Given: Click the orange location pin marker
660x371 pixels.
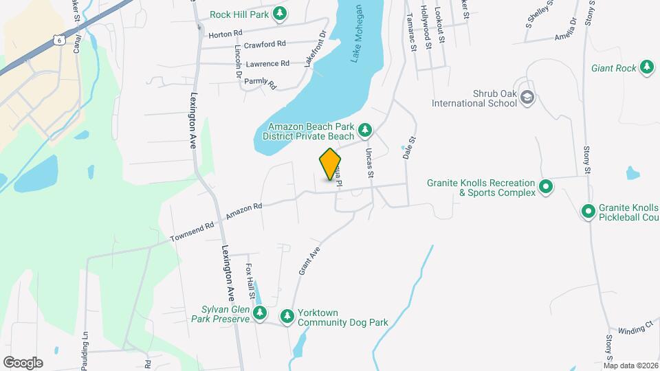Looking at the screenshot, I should (331, 164).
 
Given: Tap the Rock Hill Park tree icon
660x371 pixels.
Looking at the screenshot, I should (279, 13).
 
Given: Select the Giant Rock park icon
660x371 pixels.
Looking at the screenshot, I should (646, 67).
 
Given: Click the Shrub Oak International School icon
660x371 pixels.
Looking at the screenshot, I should (527, 98).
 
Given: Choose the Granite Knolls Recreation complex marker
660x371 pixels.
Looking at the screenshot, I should (546, 186).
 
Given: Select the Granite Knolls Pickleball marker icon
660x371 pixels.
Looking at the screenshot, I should (588, 212).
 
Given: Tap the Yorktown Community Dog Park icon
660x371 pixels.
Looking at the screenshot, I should (287, 316).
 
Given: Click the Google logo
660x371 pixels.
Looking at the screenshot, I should (23, 362).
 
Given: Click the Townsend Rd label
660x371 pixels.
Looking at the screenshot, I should (193, 230).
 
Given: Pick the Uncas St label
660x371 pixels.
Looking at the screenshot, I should (370, 164).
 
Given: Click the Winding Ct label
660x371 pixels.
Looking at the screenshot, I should (635, 329).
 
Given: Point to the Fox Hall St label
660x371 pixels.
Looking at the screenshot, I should (252, 282).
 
